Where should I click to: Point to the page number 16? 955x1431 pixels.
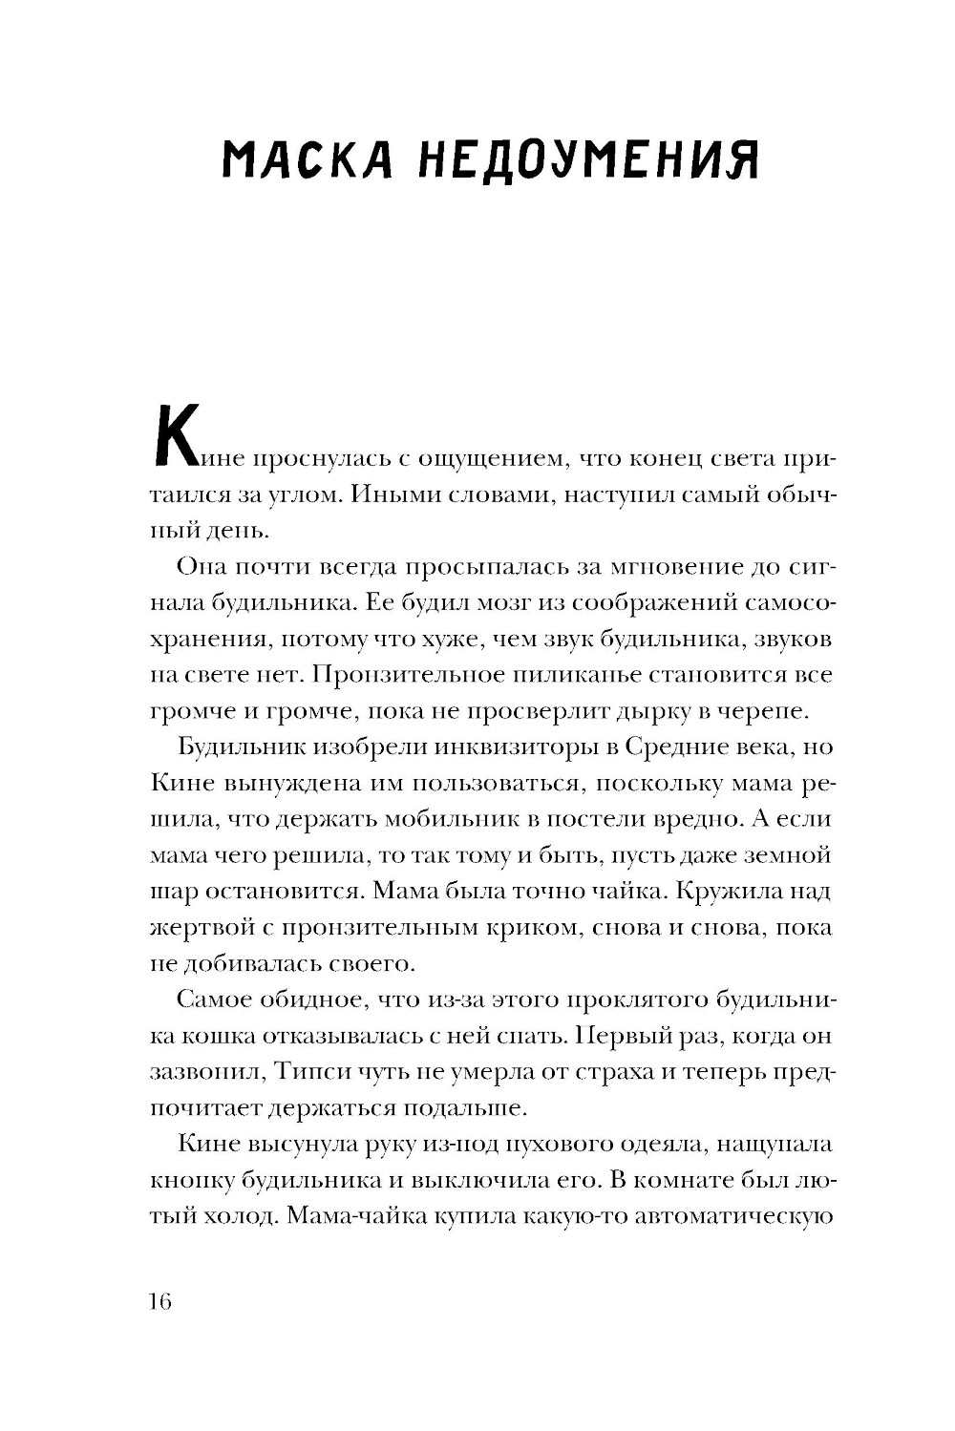coord(159,1301)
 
